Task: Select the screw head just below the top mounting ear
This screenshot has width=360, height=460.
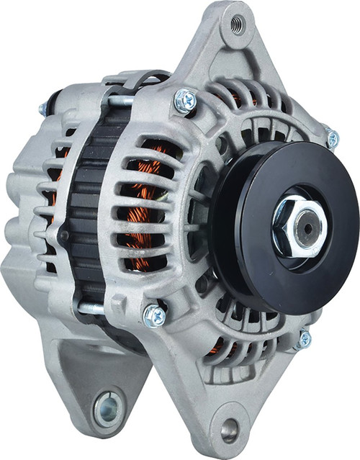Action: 184,102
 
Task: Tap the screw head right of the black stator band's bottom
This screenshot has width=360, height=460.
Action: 154,315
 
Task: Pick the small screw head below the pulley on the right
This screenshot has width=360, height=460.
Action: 304,338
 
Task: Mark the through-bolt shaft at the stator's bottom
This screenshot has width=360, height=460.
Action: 94,307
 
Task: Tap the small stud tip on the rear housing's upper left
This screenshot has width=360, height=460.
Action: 42,109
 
